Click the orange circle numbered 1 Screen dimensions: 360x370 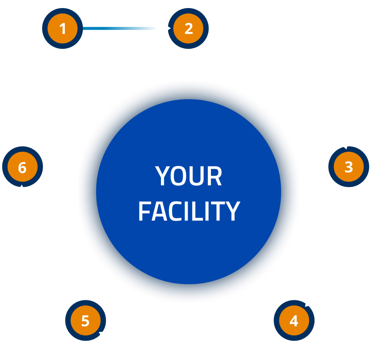coord(62,29)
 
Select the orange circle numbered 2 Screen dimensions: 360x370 coord(188,29)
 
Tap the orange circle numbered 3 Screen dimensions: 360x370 coord(349,167)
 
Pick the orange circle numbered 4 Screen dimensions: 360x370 coord(294,321)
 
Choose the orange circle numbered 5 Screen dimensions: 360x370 coord(86,321)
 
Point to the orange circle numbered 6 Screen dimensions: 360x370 coord(22,167)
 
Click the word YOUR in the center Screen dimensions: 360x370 coord(189,176)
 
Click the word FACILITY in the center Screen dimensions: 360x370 coord(189,211)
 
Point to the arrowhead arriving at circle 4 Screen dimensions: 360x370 coord(309,302)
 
